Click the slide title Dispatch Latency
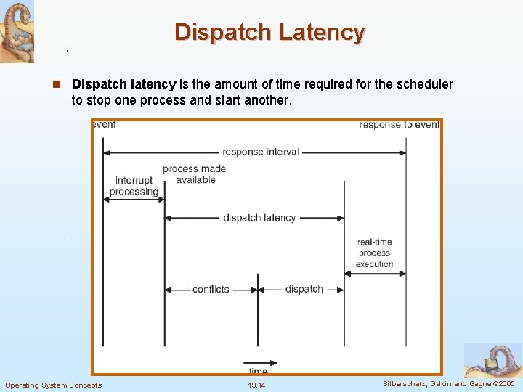[x=269, y=33]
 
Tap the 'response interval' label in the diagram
[x=260, y=152]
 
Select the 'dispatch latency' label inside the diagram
[x=259, y=218]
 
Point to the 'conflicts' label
[x=211, y=289]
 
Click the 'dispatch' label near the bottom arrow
[x=304, y=289]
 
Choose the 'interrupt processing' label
[x=134, y=186]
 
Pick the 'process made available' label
[x=194, y=174]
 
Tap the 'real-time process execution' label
[x=375, y=253]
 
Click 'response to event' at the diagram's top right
[x=399, y=125]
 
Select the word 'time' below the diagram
[x=258, y=371]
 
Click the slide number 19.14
[x=256, y=385]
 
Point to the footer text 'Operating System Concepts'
[x=54, y=385]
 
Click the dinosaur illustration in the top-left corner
[x=17, y=31]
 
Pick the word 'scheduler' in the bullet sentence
[x=423, y=84]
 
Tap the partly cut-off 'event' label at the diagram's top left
[x=104, y=124]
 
